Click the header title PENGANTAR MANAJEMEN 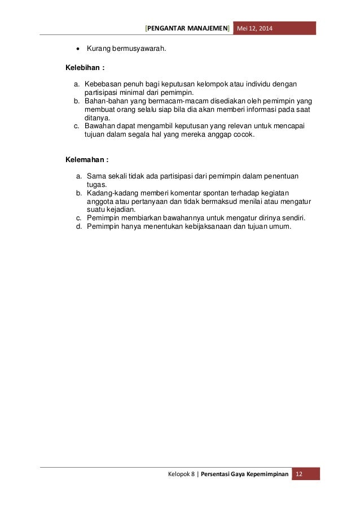tap(188, 28)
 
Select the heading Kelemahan tap(86, 160)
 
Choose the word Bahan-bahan tap(106, 101)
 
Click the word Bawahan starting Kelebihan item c tap(100, 127)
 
